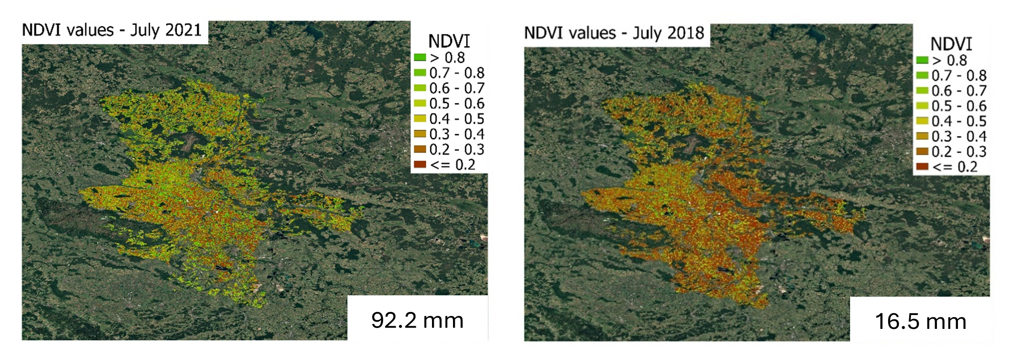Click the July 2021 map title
[112, 30]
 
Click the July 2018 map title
[614, 33]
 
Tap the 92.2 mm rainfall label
[417, 320]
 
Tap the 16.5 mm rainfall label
[920, 322]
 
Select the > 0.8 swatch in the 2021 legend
[420, 58]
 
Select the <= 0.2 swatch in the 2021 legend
[420, 165]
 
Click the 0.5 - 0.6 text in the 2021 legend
[457, 104]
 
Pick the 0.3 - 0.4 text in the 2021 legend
[457, 134]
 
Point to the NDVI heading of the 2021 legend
[449, 42]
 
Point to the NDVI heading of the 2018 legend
[951, 44]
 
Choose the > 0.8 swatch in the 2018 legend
[922, 60]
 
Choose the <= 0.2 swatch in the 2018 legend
[922, 167]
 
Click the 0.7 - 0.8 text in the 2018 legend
[959, 76]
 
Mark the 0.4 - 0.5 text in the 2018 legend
[959, 121]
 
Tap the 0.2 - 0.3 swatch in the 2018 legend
[922, 152]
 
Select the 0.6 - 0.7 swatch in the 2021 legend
[420, 88]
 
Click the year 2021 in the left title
[183, 30]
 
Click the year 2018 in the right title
[686, 33]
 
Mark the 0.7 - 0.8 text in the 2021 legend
[457, 73]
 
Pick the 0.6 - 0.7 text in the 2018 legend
[959, 91]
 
